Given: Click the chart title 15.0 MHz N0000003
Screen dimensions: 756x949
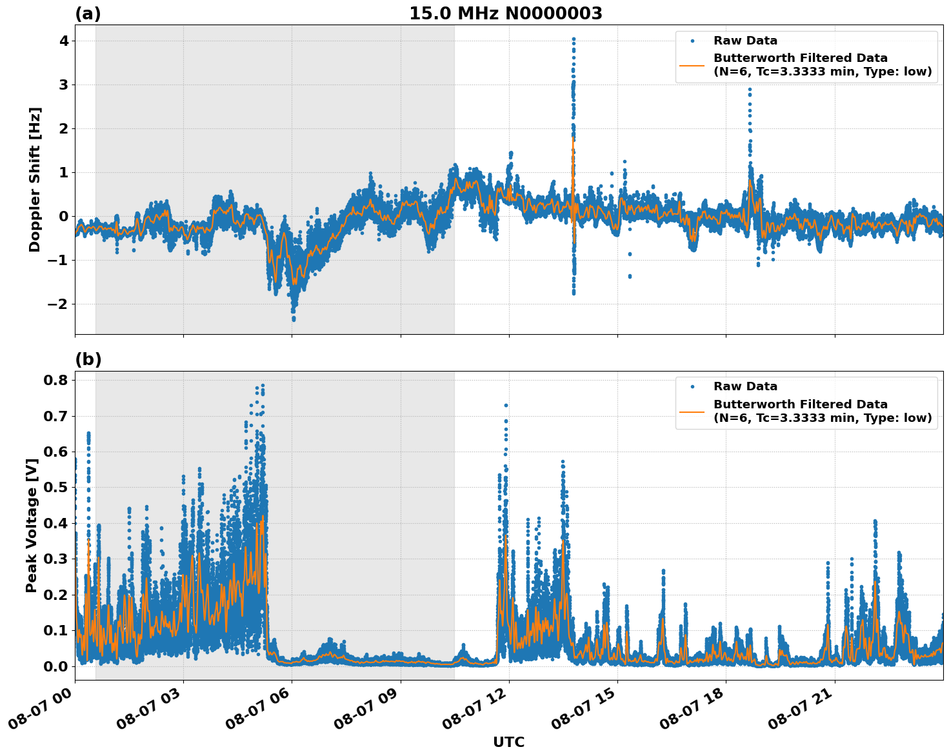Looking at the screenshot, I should (505, 14).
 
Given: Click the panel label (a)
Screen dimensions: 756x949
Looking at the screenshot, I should (88, 14).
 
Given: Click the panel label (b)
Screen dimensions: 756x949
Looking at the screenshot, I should (88, 359).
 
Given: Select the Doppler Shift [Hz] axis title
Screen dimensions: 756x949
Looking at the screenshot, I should (35, 179).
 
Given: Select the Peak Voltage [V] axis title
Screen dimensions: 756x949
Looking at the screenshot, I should (32, 525).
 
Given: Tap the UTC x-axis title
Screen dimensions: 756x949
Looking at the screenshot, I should (508, 742).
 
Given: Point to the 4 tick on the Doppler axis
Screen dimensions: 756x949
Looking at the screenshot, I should (64, 41).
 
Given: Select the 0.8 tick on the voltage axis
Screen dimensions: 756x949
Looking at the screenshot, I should (55, 380).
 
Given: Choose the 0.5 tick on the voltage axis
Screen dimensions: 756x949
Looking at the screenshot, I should (55, 487).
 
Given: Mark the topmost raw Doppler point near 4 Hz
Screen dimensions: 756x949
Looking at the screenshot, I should (574, 39).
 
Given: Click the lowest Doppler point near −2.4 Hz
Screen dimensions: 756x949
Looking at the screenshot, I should (294, 319).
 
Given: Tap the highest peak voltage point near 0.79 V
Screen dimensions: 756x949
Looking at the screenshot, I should (263, 386).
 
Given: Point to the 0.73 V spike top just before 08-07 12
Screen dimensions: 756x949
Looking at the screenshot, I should (506, 405).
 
